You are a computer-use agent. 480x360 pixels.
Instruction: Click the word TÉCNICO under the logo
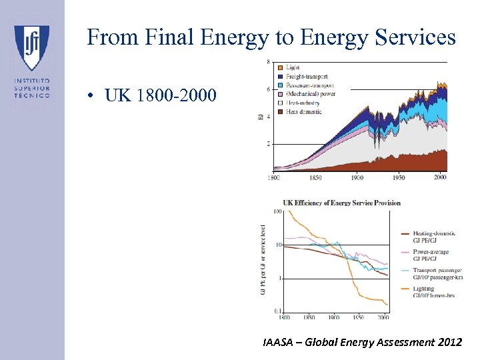32,95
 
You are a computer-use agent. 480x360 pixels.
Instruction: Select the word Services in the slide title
416,37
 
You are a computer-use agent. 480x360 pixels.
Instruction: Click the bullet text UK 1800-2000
161,96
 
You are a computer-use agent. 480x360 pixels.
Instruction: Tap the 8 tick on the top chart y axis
268,62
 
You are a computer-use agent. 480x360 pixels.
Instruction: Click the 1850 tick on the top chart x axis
315,178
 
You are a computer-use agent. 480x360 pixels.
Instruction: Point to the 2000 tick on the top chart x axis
439,178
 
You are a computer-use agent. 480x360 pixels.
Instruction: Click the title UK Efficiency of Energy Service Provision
341,203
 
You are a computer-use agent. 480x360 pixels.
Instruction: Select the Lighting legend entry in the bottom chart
423,289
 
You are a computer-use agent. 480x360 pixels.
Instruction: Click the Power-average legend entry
430,252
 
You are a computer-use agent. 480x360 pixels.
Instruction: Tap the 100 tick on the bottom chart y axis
278,212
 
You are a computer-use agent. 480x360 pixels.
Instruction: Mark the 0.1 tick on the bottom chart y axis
278,311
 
